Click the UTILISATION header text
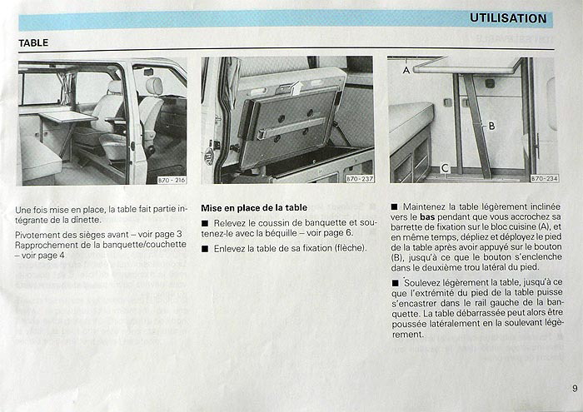click(x=508, y=18)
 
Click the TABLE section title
click(x=33, y=42)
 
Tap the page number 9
click(x=575, y=389)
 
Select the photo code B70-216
click(x=172, y=180)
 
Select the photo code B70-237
click(x=360, y=179)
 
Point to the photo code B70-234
click(x=545, y=178)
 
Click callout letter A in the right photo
click(x=406, y=70)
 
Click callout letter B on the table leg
click(x=491, y=127)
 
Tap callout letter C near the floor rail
click(x=445, y=169)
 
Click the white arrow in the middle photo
click(x=297, y=88)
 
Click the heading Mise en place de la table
click(x=254, y=208)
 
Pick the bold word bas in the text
click(x=427, y=216)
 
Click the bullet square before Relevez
click(x=205, y=224)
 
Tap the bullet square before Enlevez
click(x=205, y=249)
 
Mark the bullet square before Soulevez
click(x=395, y=283)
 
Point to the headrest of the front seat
click(x=154, y=86)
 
